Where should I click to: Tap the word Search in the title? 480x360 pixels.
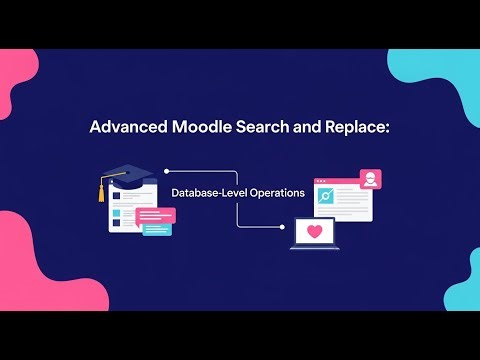tap(267, 128)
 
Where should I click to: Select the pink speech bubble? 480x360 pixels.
tap(154, 215)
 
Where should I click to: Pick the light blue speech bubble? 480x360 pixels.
tap(157, 229)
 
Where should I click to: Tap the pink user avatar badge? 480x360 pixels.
tap(371, 180)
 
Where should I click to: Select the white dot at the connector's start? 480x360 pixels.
tap(166, 171)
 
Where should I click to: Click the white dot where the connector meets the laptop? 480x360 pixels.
tap(281, 226)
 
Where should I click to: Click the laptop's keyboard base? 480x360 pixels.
tap(315, 250)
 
